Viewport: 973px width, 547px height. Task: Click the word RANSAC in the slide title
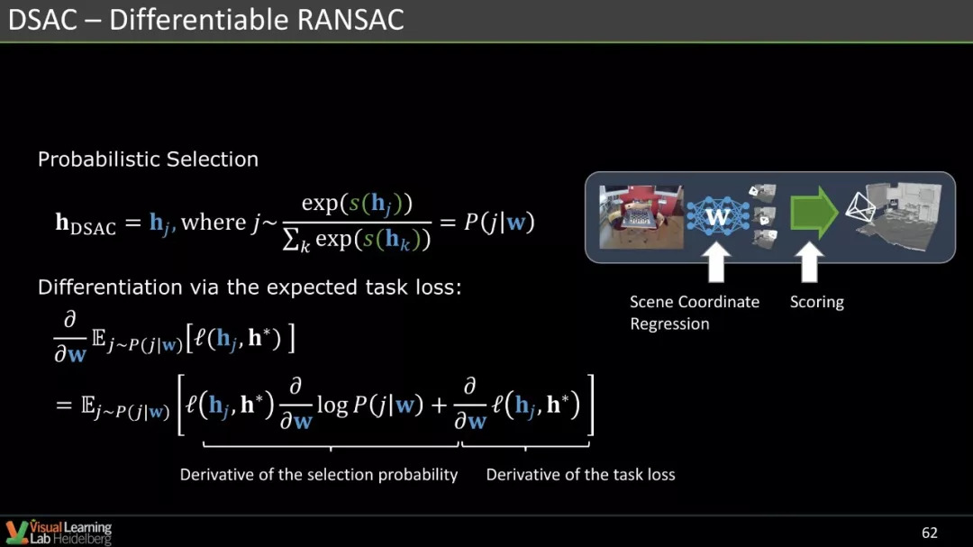point(350,19)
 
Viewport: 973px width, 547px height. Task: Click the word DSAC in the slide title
point(43,19)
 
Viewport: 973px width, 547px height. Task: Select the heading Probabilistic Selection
point(148,159)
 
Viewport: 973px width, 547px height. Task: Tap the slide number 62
point(929,533)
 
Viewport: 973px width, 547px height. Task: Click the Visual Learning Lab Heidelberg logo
point(59,533)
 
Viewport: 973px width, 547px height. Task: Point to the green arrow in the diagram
point(814,213)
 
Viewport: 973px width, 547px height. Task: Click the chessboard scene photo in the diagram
point(641,216)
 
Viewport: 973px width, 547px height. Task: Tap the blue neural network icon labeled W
point(717,216)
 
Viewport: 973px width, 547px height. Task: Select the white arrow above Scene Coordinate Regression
point(716,262)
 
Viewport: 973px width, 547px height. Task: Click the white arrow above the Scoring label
point(809,262)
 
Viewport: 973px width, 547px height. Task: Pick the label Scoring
point(816,303)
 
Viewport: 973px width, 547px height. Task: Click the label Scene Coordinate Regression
point(695,313)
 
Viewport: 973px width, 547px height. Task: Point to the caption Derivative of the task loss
point(580,474)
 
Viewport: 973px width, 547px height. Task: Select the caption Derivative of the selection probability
point(318,474)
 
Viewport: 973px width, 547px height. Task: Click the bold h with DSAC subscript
point(85,223)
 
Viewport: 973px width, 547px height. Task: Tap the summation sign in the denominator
point(291,239)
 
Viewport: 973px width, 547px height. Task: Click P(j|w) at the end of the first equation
point(499,222)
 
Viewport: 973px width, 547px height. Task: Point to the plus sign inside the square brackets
point(439,406)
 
